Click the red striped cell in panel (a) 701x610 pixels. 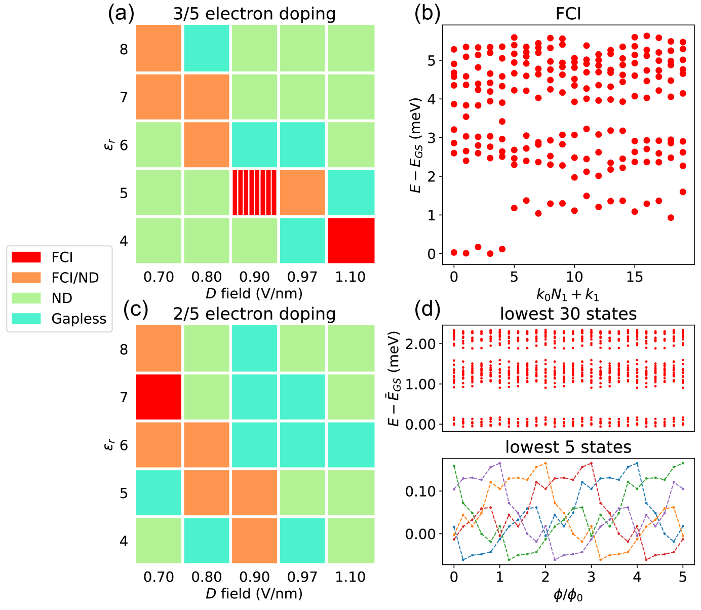255,193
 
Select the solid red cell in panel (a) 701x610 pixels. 351,241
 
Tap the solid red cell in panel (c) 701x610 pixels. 159,397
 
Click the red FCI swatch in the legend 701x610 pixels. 26,257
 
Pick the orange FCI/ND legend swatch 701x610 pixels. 26,277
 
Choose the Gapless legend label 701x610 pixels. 79,319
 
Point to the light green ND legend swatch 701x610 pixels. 26,298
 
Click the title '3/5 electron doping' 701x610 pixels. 254,14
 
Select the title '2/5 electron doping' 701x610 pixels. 254,314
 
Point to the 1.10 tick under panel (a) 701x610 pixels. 350,277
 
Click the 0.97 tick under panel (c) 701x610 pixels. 302,577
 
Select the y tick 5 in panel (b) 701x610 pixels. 432,60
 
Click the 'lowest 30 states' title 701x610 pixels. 568,314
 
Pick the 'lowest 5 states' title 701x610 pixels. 568,447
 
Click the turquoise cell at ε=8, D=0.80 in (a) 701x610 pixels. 207,49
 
